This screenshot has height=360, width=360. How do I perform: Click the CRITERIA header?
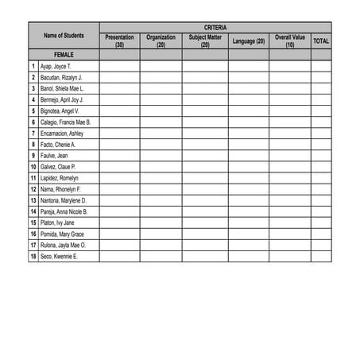215,27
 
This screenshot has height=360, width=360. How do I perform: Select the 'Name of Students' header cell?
64,36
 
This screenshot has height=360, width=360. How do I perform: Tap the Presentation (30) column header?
119,41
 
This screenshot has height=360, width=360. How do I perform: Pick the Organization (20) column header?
161,41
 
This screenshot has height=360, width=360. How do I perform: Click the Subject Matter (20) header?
205,41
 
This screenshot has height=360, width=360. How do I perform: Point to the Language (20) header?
249,41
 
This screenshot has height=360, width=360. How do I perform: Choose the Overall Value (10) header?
289,41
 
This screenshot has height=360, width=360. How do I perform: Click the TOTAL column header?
321,41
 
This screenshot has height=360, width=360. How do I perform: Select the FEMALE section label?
64,54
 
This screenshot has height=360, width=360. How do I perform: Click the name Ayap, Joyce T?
56,66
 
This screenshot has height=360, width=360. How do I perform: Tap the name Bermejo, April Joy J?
62,100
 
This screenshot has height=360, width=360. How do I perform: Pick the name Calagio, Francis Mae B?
65,122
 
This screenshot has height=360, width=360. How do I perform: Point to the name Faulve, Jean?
54,156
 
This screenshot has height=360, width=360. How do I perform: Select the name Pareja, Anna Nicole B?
64,212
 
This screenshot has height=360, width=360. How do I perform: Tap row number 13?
33,201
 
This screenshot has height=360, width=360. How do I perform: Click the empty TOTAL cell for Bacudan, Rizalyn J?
321,77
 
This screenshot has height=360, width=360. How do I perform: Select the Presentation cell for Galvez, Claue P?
119,167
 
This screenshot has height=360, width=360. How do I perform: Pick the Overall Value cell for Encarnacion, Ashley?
289,134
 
